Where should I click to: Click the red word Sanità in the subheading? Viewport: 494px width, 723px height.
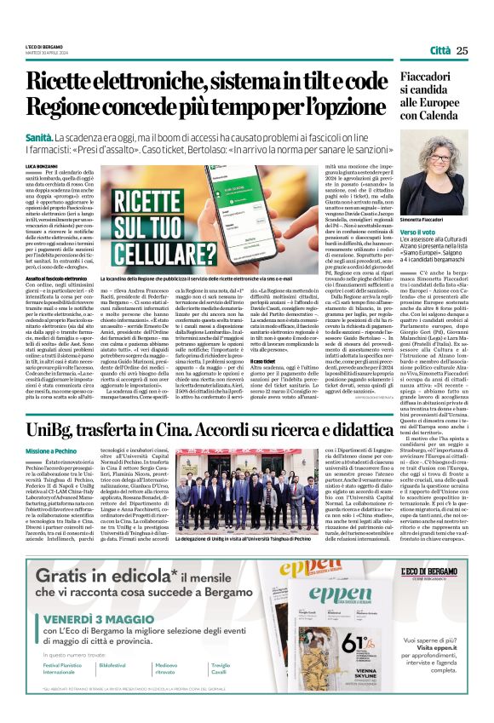click(x=39, y=137)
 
